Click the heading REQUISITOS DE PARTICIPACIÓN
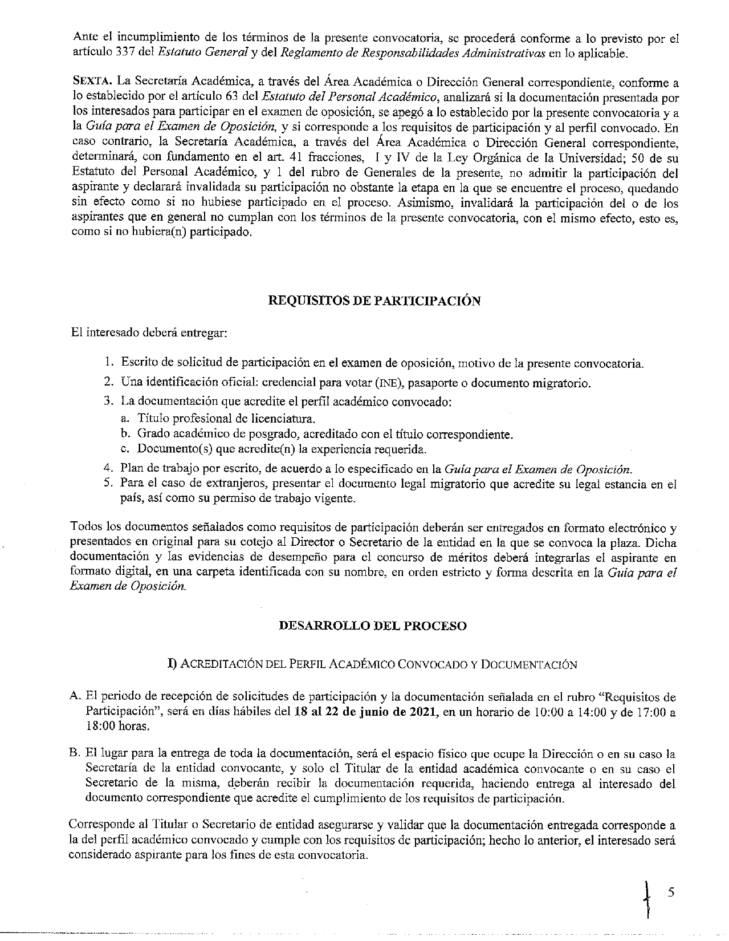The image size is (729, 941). click(x=374, y=301)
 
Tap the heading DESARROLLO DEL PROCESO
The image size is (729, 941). click(x=373, y=626)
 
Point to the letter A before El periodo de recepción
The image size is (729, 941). click(x=75, y=696)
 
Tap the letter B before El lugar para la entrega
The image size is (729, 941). click(x=75, y=753)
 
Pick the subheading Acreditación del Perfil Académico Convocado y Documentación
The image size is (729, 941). click(x=372, y=664)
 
